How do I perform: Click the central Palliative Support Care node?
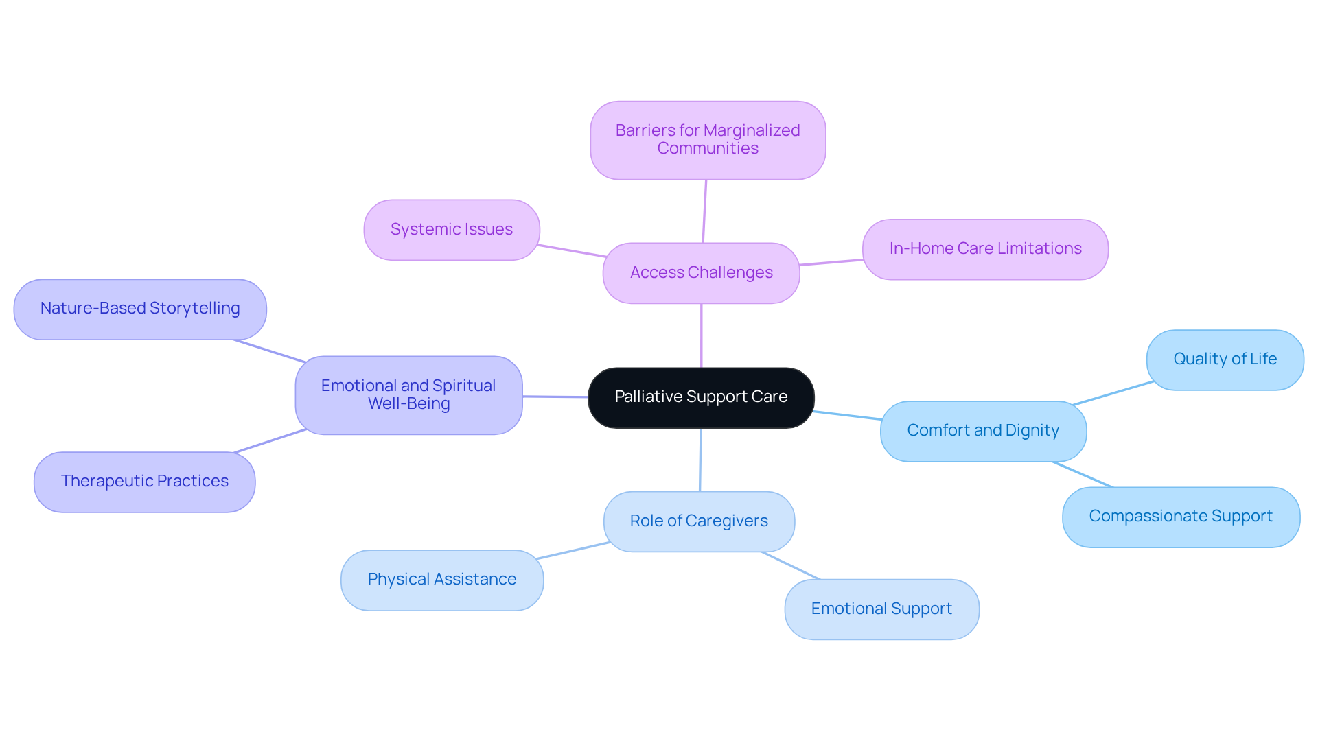click(701, 397)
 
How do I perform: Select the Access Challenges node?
click(701, 273)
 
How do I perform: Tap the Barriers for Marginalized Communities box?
click(708, 140)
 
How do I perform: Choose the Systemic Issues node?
click(451, 230)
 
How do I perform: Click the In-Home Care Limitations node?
click(985, 249)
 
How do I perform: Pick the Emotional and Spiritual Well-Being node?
click(408, 395)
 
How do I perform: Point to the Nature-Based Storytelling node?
click(140, 309)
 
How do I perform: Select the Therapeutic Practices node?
click(144, 482)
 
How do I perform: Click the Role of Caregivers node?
click(699, 521)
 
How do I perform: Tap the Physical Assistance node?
click(441, 580)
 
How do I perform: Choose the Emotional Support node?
click(881, 609)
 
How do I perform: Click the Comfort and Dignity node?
click(983, 431)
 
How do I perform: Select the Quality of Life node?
click(1225, 359)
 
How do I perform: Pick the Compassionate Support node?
click(1181, 517)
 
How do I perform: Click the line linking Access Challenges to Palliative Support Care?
click(701, 335)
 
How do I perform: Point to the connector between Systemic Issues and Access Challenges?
click(571, 250)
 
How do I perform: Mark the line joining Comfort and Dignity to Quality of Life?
click(1113, 393)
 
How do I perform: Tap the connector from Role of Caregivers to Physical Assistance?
click(573, 550)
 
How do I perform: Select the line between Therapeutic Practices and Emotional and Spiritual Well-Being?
click(270, 441)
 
